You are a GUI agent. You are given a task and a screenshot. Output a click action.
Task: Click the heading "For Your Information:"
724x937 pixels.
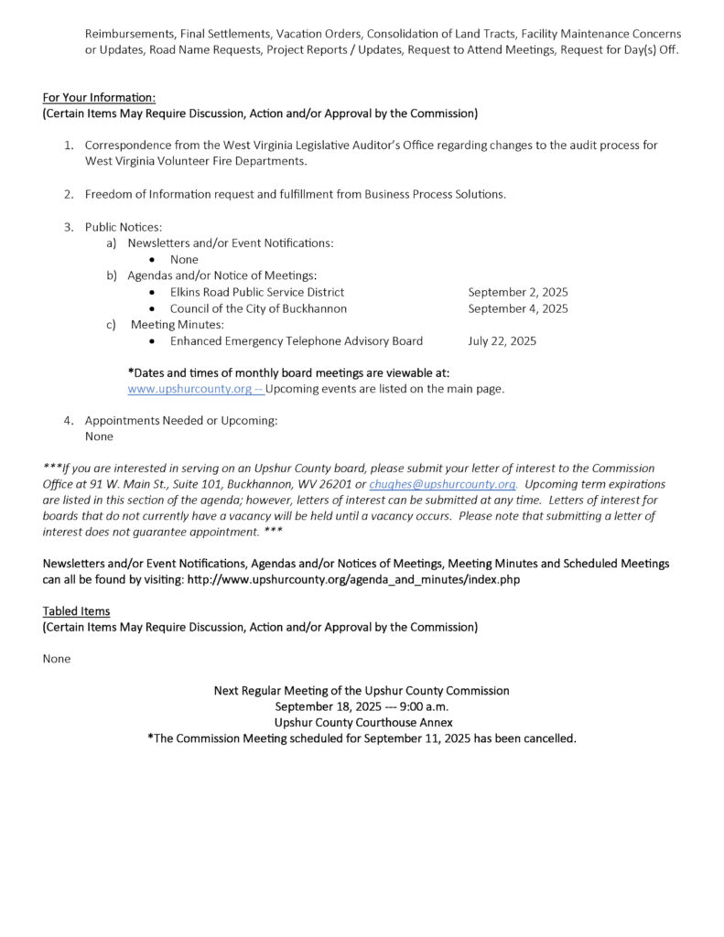[99, 98]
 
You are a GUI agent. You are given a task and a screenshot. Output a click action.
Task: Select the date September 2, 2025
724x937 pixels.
[517, 292]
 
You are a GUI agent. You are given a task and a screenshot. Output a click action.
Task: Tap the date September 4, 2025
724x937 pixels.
[517, 308]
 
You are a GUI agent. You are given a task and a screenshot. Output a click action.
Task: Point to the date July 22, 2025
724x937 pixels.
[502, 341]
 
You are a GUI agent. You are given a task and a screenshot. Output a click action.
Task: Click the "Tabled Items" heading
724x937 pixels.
[76, 610]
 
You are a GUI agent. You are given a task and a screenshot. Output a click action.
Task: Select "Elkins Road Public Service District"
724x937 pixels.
[256, 292]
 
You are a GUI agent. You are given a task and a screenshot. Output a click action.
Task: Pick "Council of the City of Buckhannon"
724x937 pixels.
[258, 308]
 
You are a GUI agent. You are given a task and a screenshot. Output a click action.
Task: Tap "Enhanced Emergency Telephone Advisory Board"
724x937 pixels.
[296, 341]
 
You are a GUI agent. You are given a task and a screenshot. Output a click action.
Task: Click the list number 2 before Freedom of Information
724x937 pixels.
[69, 194]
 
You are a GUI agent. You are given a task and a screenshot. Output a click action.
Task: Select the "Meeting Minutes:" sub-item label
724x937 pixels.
[178, 325]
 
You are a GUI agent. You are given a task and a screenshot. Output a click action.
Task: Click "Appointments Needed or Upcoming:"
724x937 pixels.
[180, 421]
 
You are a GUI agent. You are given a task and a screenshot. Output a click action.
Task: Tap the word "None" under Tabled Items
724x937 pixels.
[56, 659]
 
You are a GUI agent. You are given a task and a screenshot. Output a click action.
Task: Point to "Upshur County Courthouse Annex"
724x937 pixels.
[362, 723]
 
